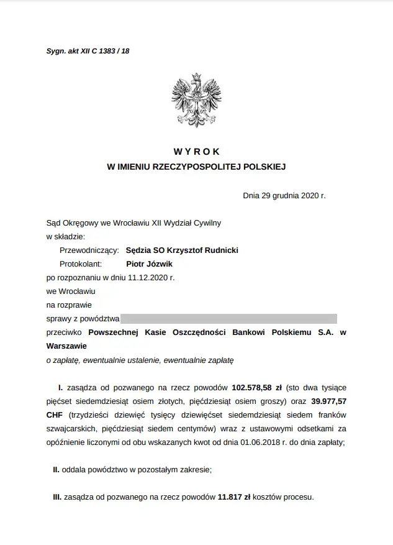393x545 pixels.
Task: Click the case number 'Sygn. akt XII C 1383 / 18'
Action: coord(88,51)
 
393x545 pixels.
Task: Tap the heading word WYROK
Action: coord(197,152)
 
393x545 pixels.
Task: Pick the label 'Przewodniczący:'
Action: coord(88,250)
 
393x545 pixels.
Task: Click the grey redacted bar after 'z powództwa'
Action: coord(229,319)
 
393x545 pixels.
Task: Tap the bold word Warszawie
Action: coord(67,346)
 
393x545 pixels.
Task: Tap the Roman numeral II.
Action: coord(56,470)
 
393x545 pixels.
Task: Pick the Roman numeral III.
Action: coord(56,498)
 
